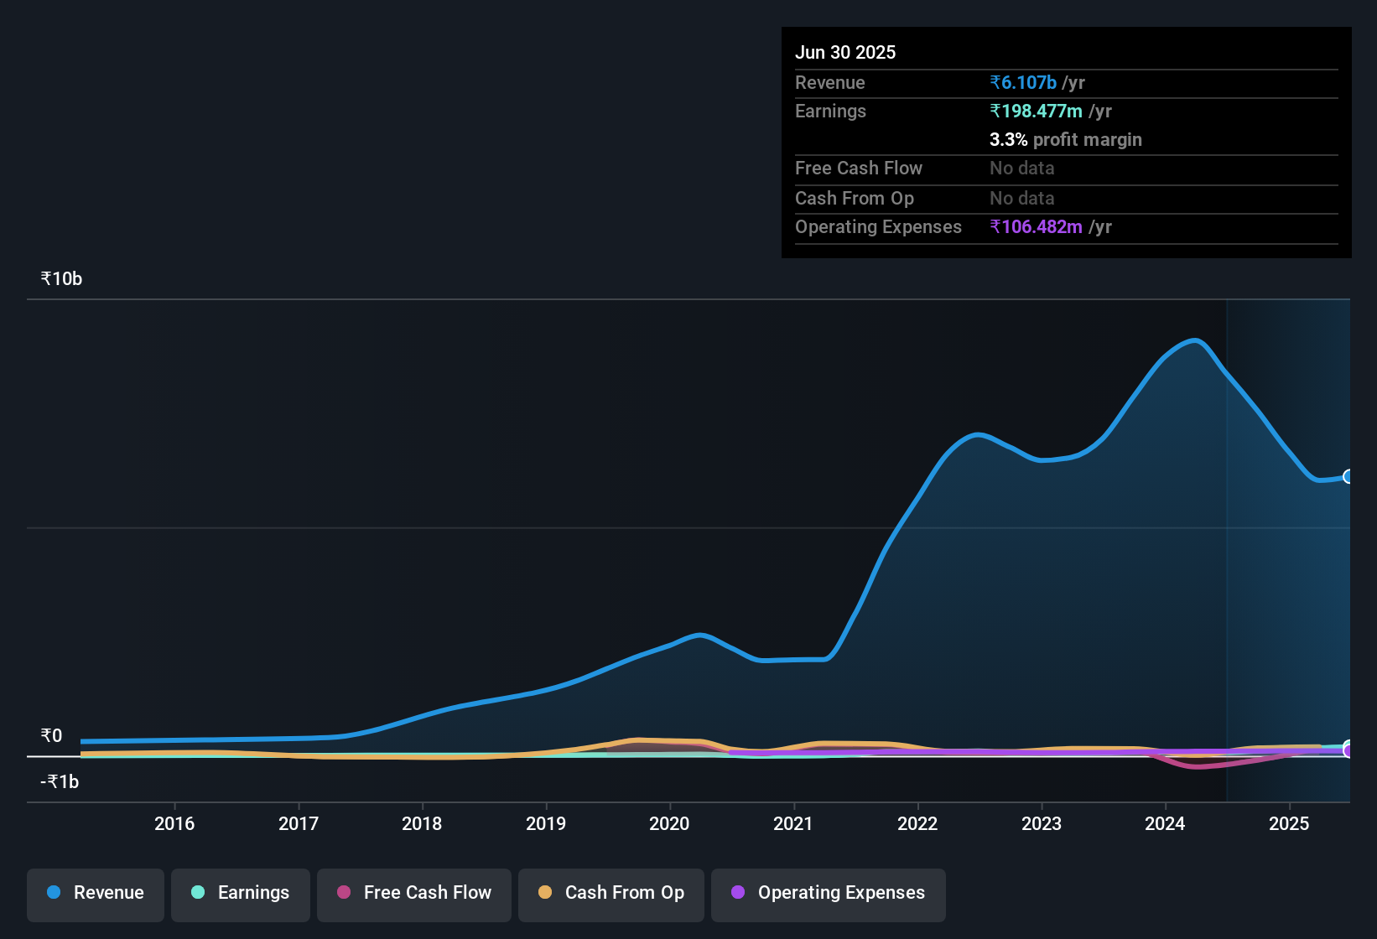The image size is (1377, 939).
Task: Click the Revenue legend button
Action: point(96,893)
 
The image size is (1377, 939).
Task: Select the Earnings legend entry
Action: point(241,893)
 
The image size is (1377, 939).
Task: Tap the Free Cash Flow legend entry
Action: point(414,893)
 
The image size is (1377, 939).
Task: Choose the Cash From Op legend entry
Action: point(611,893)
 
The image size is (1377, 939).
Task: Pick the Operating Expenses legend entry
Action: point(829,893)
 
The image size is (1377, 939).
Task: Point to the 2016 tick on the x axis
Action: point(174,823)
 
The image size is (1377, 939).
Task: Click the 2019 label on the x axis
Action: point(546,823)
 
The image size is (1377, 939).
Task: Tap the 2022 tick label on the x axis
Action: point(917,823)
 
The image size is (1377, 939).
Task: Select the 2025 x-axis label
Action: point(1289,823)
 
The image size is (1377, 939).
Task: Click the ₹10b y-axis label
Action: point(61,279)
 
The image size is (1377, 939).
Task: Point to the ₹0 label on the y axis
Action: point(51,736)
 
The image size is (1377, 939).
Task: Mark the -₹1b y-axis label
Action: point(60,782)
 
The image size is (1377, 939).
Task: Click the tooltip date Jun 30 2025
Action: point(845,53)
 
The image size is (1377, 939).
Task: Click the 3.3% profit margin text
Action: point(1065,140)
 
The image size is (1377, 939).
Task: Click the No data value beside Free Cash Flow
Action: point(1021,169)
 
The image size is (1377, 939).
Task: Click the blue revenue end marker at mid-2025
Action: point(1348,476)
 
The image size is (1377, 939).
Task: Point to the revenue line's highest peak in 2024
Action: point(1195,340)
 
